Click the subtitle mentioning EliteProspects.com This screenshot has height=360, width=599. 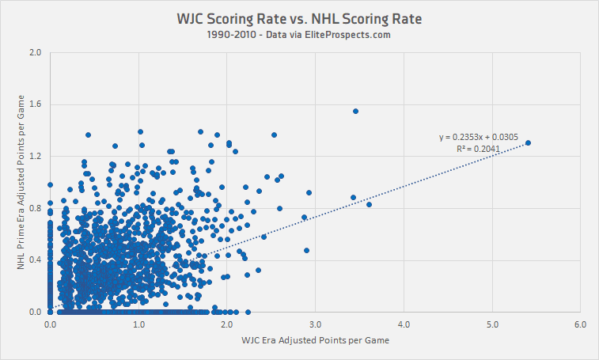299,35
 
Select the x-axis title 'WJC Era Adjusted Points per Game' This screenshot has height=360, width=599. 315,340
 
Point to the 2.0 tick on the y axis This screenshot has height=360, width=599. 35,53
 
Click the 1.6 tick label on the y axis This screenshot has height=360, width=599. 35,104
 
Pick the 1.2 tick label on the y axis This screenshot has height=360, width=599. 35,156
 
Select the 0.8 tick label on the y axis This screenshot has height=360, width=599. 35,208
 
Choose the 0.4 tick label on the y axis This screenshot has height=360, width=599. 35,260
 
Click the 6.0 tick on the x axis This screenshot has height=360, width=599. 580,324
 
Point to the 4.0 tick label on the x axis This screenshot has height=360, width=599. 404,324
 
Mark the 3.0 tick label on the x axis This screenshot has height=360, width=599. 315,324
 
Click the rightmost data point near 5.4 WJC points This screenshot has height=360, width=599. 528,143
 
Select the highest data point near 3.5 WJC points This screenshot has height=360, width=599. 355,112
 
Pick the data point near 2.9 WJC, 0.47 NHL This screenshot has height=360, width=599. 306,251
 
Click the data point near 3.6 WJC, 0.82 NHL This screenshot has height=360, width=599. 369,205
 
